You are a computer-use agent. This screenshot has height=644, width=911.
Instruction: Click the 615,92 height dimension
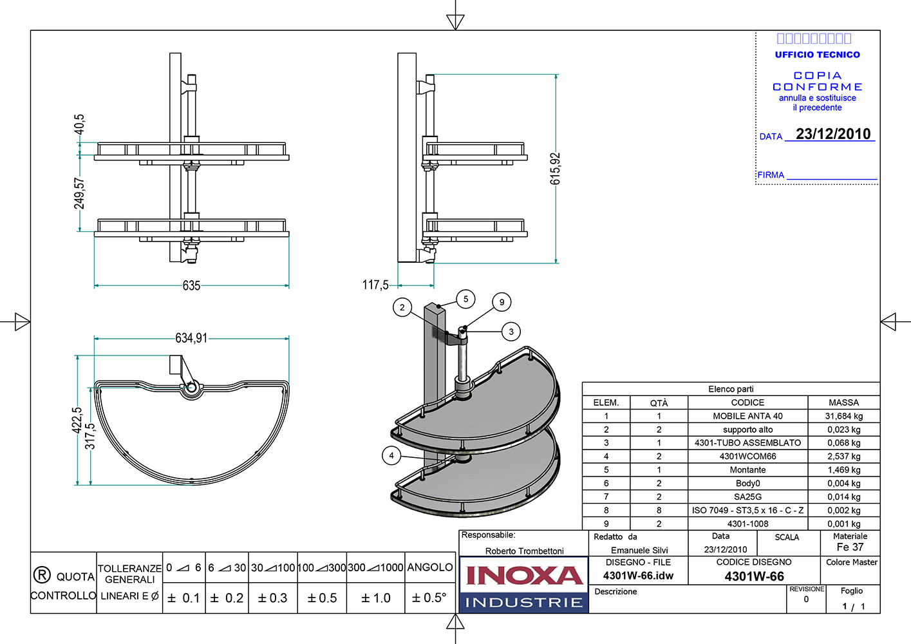(x=556, y=169)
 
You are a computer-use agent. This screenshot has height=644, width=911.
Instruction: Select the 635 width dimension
(x=191, y=285)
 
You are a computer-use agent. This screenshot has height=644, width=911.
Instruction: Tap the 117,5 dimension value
(x=375, y=285)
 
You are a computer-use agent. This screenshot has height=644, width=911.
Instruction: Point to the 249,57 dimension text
(x=79, y=193)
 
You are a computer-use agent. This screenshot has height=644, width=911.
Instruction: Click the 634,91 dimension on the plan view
(x=191, y=338)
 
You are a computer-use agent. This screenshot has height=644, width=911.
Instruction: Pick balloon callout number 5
(x=466, y=299)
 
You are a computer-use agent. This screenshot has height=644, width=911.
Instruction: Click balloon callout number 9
(x=502, y=302)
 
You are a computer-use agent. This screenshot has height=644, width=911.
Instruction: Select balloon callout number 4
(x=391, y=455)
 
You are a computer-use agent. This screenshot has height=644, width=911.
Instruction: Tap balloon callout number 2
(x=402, y=307)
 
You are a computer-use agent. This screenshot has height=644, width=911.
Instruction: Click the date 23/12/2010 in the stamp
(x=833, y=134)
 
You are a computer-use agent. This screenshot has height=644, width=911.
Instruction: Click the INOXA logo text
(x=523, y=575)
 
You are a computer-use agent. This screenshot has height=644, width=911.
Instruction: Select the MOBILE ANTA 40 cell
(x=747, y=416)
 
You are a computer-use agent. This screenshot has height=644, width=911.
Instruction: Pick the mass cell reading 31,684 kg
(x=843, y=416)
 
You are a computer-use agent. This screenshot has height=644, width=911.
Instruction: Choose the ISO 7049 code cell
(x=747, y=510)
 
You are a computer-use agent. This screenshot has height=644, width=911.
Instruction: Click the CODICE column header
(x=747, y=402)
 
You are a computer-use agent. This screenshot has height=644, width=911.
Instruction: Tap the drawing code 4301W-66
(x=754, y=576)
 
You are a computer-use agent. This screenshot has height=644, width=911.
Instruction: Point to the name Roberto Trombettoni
(x=524, y=551)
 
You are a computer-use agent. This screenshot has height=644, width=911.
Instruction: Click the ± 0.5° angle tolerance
(x=429, y=598)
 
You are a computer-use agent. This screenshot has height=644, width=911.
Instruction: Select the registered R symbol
(x=41, y=575)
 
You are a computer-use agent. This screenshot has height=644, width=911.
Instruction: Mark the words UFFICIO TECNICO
(x=817, y=55)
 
